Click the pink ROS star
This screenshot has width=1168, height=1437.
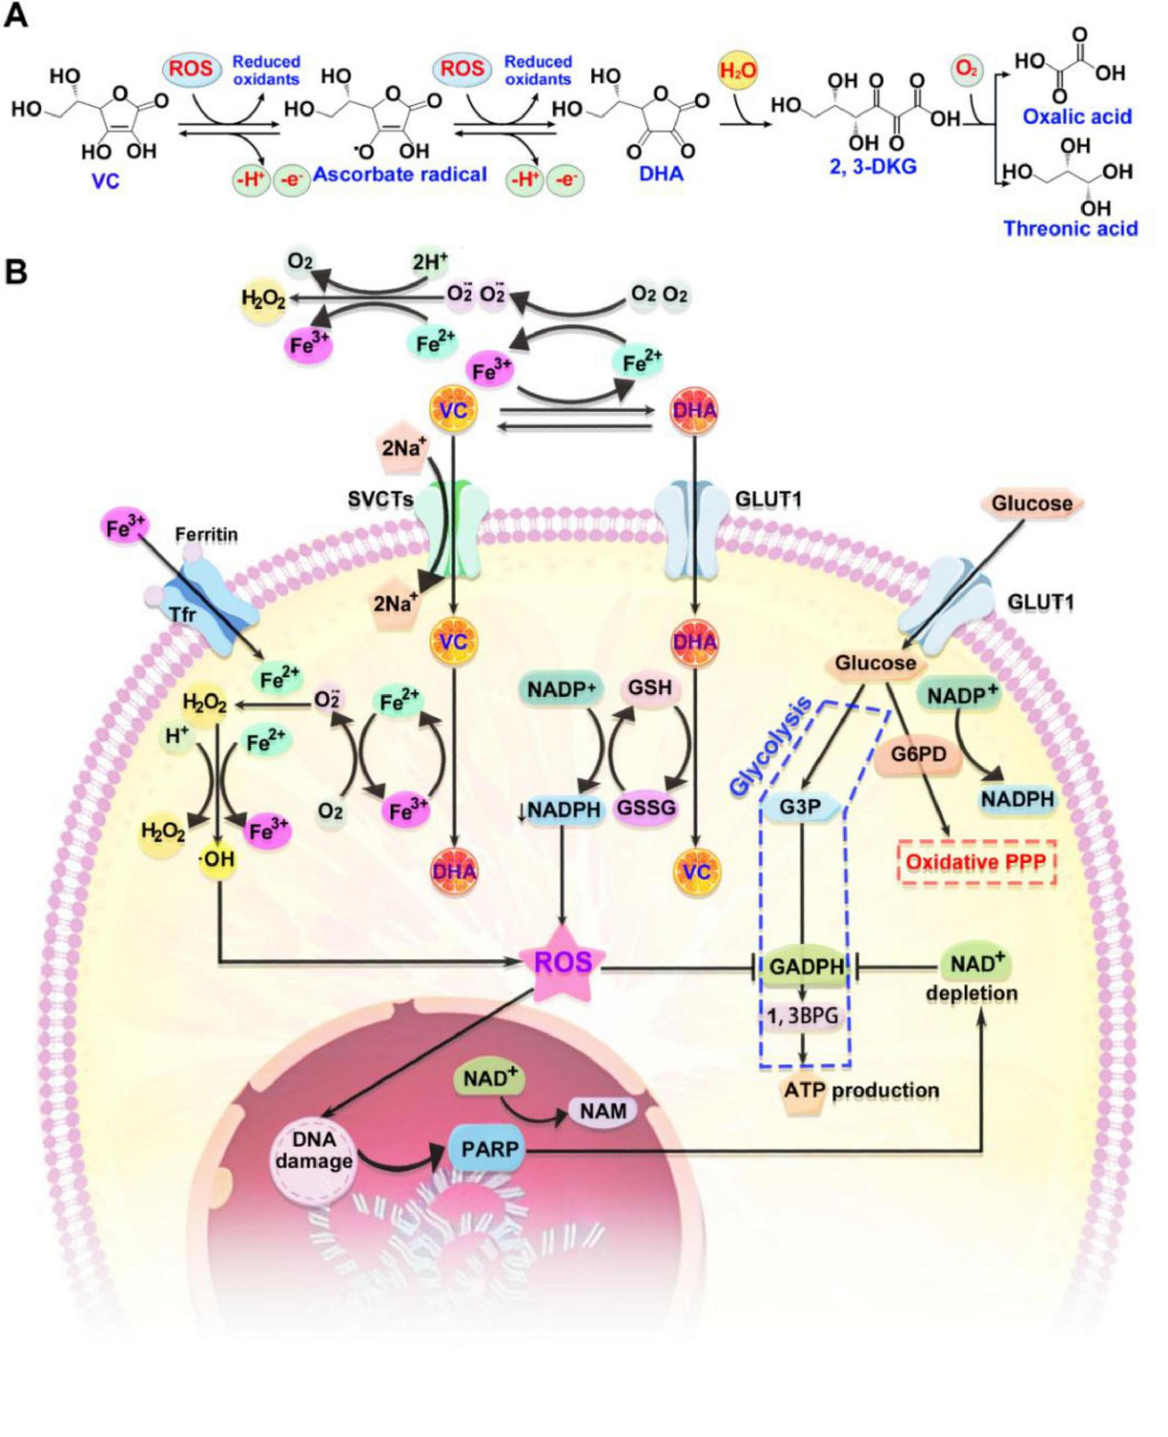(x=564, y=963)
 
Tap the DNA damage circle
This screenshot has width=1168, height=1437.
(x=314, y=1151)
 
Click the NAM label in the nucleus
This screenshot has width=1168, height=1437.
(x=604, y=1110)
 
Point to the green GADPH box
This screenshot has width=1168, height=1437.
(x=806, y=966)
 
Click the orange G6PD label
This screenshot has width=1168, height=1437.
(x=920, y=754)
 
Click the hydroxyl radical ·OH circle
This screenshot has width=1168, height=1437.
(x=216, y=858)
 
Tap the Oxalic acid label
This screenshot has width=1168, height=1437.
(x=1077, y=117)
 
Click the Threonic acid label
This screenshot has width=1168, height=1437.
(x=1070, y=228)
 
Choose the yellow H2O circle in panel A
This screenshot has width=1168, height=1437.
(x=738, y=71)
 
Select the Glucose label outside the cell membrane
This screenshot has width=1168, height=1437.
(x=1031, y=503)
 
